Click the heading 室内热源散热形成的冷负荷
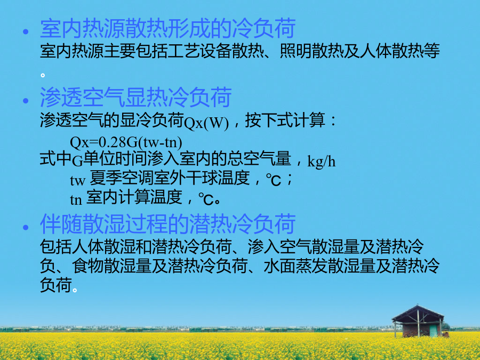click(x=168, y=28)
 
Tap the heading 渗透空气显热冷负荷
click(x=135, y=98)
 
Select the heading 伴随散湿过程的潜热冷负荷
click(x=168, y=224)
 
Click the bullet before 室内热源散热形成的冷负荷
click(x=26, y=31)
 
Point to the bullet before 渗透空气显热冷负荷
click(x=26, y=100)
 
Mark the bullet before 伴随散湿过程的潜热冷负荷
click(x=26, y=227)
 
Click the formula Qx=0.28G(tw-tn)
click(x=126, y=142)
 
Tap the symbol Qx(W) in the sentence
click(x=206, y=123)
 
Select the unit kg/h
click(x=322, y=161)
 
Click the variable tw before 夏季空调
click(x=77, y=181)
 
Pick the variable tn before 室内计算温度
click(x=76, y=200)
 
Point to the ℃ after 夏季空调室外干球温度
click(x=274, y=180)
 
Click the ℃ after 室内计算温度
click(x=206, y=199)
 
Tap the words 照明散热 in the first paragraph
click(x=311, y=51)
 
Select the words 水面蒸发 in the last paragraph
click(x=295, y=266)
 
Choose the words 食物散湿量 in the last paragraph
click(x=112, y=266)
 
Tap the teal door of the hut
click(x=433, y=331)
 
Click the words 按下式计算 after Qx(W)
click(x=285, y=120)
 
